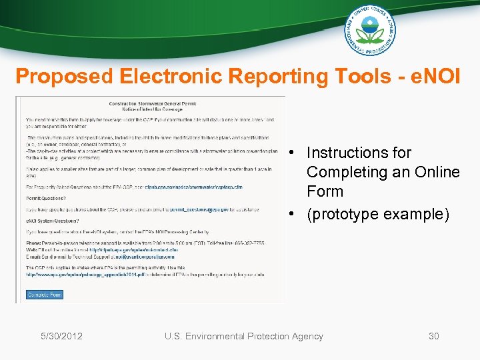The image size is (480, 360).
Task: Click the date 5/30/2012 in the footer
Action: coord(61,336)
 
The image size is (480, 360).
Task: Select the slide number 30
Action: coord(433,336)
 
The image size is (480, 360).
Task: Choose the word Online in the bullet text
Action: coord(437,172)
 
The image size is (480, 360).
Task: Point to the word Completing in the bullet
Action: coord(345,172)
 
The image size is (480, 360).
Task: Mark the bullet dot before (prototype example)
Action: coord(294,214)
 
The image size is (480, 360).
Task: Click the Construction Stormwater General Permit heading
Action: coord(151,103)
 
